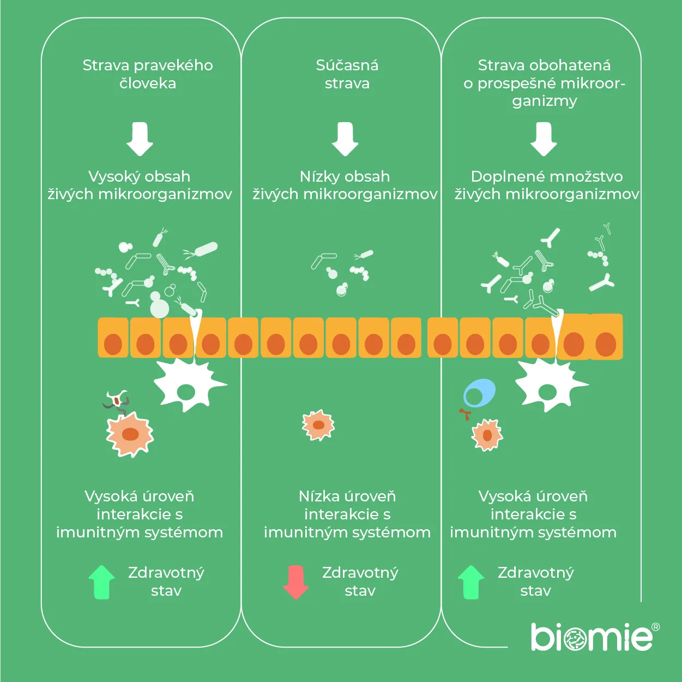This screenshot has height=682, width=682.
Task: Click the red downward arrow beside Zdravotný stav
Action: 296,582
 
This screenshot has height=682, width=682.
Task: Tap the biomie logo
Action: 592,637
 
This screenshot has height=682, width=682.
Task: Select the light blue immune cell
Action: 479,393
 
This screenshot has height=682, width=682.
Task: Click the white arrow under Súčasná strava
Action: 345,139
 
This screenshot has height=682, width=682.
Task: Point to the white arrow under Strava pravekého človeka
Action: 140,139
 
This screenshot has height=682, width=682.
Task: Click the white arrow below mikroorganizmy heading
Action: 544,139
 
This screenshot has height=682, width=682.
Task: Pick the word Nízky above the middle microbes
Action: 318,176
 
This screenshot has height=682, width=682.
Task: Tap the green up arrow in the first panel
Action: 101,582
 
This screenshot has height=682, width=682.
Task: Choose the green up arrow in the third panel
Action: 471,582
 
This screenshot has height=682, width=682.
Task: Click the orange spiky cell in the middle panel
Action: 318,425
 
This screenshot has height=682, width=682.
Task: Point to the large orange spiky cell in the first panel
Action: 130,434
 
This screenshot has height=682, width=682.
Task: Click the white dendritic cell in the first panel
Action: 187,385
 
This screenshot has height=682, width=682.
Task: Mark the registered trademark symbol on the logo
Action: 655,627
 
